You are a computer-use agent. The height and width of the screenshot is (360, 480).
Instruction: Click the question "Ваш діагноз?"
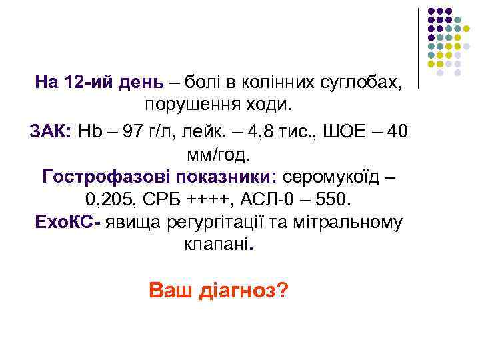(x=219, y=291)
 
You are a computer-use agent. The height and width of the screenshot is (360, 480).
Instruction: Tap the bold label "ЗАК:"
(x=53, y=131)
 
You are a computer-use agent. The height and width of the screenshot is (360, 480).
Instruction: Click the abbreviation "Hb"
(x=88, y=131)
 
